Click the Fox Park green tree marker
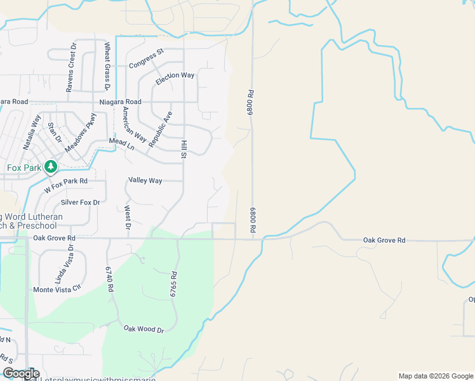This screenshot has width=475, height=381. point(50,167)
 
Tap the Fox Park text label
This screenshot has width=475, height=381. point(23,168)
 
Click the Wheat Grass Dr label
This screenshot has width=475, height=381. point(107,66)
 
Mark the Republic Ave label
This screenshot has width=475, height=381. point(160,130)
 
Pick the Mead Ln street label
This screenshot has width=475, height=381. point(122,144)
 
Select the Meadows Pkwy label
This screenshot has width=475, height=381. point(81,133)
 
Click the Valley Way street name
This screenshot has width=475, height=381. point(145,180)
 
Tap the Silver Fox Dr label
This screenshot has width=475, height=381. point(80,203)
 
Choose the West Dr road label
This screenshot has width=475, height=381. point(128,217)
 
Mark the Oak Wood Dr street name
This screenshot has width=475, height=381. point(144,329)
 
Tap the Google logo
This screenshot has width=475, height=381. point(21,373)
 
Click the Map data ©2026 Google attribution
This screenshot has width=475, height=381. point(435,376)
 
